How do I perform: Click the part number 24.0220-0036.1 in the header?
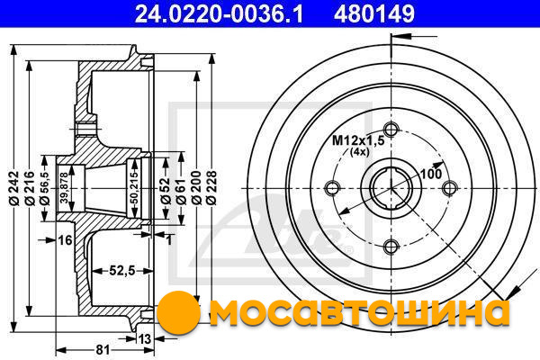[x=219, y=14]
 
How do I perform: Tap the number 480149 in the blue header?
[x=374, y=14]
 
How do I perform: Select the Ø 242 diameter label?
[x=14, y=188]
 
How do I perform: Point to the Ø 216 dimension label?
[x=30, y=188]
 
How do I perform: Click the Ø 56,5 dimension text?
[x=45, y=188]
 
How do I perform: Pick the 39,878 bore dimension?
[x=64, y=188]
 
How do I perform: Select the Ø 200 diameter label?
[x=196, y=188]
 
